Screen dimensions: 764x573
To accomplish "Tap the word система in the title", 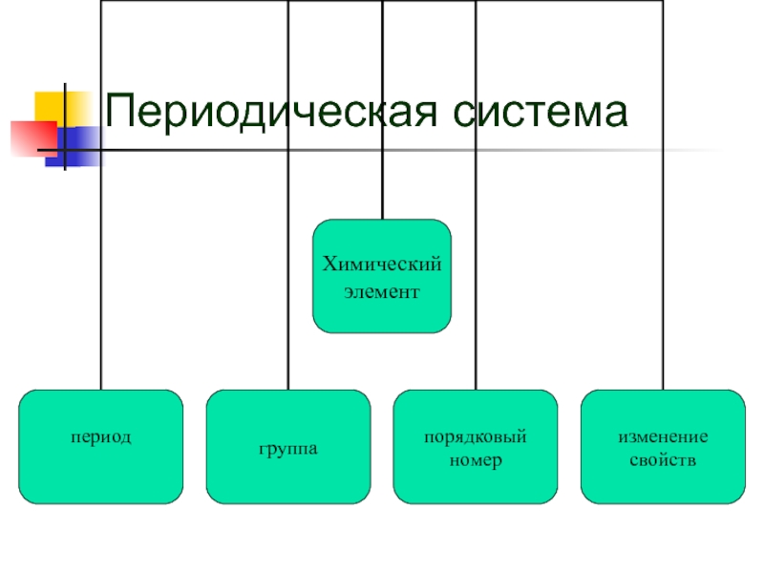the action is (540, 113).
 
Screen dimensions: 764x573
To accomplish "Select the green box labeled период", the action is (100, 446).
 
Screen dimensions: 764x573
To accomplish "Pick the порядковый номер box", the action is (476, 446).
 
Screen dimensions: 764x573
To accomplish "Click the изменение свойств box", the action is (663, 446).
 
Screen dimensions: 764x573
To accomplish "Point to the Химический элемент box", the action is (382, 276).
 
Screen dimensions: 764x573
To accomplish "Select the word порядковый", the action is (476, 437).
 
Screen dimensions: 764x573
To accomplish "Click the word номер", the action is (476, 460).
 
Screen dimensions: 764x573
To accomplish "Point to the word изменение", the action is (663, 437).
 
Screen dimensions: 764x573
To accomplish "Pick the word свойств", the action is (663, 460).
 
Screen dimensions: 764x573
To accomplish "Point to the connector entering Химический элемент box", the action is (382, 191).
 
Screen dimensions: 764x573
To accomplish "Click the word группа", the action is (287, 447).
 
